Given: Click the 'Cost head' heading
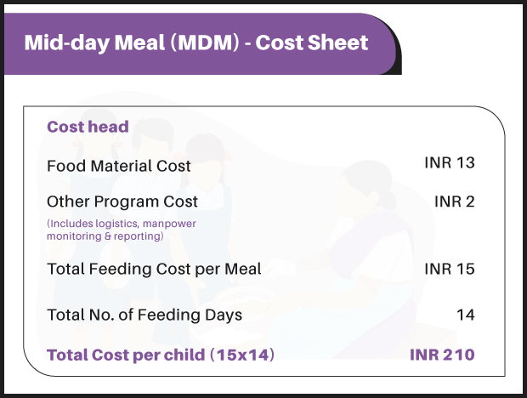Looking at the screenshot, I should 88,128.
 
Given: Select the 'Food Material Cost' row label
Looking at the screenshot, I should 119,166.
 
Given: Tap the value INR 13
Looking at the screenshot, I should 449,162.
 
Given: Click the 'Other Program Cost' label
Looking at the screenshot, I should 122,202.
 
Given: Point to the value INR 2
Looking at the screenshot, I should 454,202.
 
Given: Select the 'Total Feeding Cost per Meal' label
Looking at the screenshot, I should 154,269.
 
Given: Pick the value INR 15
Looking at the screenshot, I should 449,269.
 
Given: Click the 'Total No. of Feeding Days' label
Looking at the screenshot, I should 144,315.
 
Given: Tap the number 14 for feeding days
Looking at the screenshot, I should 465,315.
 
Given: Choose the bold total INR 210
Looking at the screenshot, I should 442,355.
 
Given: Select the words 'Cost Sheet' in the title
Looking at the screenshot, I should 312,43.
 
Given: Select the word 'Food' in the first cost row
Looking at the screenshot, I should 65,166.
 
